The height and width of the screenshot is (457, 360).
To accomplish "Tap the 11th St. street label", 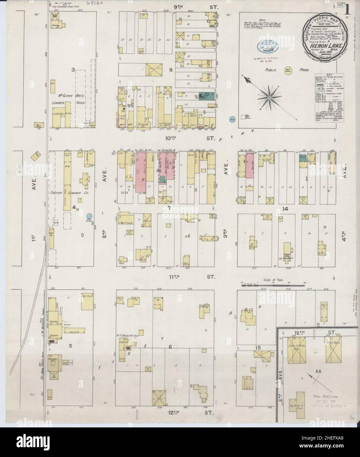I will point(192,277).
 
